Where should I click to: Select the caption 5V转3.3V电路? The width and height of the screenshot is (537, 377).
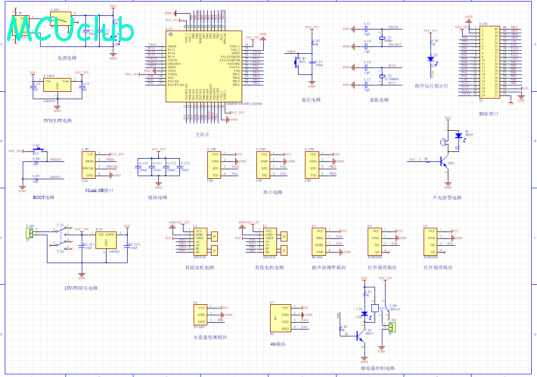coord(57,120)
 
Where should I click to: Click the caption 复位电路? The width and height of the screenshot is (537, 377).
coord(311,100)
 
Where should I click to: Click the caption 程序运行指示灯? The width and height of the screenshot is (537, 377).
coord(431,85)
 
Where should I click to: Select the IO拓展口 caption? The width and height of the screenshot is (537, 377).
coord(489,113)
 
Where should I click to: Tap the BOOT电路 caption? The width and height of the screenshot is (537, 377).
coord(44,197)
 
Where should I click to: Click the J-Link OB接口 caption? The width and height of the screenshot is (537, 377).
coord(99,190)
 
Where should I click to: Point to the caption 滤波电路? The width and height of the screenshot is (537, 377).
coord(158,197)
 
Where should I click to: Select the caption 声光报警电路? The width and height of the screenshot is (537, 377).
coord(447,198)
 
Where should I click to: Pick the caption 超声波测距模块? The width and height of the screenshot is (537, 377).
coord(329,267)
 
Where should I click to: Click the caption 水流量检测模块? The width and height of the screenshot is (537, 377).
coord(210,337)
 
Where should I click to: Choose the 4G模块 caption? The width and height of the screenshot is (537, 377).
coord(277,344)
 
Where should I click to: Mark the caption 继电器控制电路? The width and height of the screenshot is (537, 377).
coord(378,368)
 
